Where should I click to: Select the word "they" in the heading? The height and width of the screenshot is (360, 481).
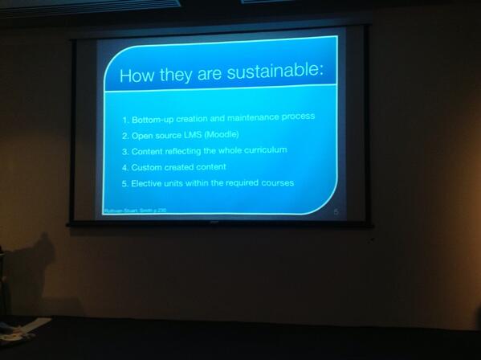click(171, 76)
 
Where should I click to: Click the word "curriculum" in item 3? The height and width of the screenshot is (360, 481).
click(261, 150)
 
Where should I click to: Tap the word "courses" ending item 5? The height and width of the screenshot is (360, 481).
click(279, 183)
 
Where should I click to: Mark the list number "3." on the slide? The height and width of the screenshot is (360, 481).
click(125, 150)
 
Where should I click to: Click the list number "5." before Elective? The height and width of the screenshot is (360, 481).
click(125, 183)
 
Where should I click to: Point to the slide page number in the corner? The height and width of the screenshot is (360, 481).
click(335, 211)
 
